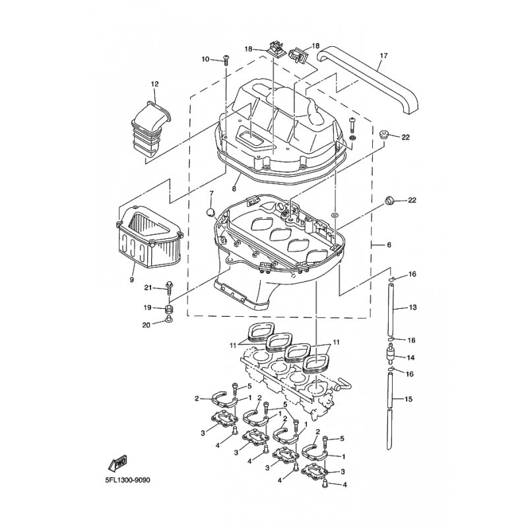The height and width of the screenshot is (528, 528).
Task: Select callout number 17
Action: (381, 56)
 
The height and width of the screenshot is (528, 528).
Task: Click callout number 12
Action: (155, 84)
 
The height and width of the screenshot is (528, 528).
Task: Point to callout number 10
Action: (205, 59)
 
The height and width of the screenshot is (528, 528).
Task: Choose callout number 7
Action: (212, 194)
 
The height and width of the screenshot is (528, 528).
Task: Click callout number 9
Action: (131, 280)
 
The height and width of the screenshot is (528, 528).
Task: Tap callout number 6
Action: (389, 245)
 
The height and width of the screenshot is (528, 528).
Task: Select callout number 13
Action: (414, 308)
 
